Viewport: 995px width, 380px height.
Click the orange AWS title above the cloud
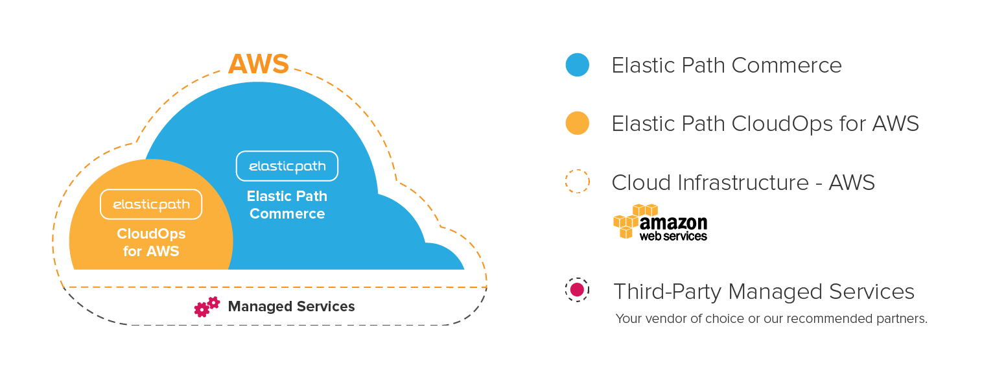pos(258,64)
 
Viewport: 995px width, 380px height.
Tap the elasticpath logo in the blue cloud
pos(287,166)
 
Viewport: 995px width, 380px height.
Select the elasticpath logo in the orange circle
pos(151,204)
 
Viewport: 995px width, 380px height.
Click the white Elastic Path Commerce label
pos(287,205)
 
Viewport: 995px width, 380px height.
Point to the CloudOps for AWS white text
pos(151,242)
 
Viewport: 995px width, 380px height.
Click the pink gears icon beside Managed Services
pos(207,306)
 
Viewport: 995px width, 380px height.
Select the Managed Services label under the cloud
pos(291,306)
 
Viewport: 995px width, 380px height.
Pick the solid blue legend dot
pos(577,65)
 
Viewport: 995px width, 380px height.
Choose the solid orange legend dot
pos(577,123)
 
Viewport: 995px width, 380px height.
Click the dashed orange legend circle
pos(577,182)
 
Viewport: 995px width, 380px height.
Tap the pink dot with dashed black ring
pos(577,290)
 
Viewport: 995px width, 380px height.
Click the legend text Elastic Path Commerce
pos(726,65)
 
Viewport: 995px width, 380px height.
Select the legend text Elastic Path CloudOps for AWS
pos(765,123)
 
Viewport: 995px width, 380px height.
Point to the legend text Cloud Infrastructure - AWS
pos(743,182)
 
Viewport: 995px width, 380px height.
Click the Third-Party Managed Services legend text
pos(764,291)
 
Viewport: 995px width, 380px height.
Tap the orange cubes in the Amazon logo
pos(632,219)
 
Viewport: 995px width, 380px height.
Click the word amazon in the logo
pos(673,222)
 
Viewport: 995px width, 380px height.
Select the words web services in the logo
pos(673,237)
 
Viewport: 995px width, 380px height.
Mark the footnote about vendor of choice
pos(771,319)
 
